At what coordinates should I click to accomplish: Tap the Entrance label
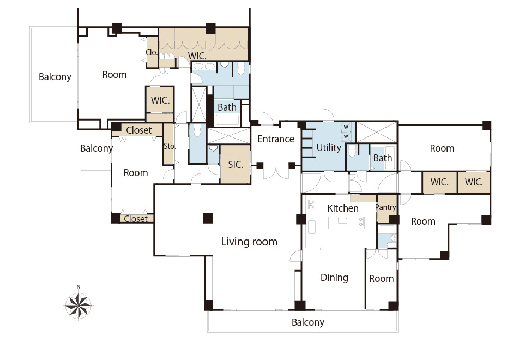pos(276,139)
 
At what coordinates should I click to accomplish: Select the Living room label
pos(249,242)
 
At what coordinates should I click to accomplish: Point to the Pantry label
pos(385,207)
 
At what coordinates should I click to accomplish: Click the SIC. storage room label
pos(236,165)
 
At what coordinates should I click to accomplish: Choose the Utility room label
pos(329,148)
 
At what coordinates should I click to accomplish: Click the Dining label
pos(334,278)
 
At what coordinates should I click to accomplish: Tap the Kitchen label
pos(343,208)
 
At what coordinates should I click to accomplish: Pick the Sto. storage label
pos(170,146)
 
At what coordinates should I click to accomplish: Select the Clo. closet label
pos(152,52)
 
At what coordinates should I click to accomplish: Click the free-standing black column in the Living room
pos(208,218)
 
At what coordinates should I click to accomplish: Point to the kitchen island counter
pos(347,223)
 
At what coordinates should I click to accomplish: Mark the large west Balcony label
pos(55,77)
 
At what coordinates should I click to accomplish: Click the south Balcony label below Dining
pos(308,322)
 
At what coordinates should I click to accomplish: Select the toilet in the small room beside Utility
pos(352,151)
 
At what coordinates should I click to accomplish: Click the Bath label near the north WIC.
pos(227,107)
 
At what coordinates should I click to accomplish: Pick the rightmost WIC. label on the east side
pos(474,182)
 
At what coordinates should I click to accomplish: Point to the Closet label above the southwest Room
pos(138,130)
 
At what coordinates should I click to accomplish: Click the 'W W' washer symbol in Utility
pos(346,131)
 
